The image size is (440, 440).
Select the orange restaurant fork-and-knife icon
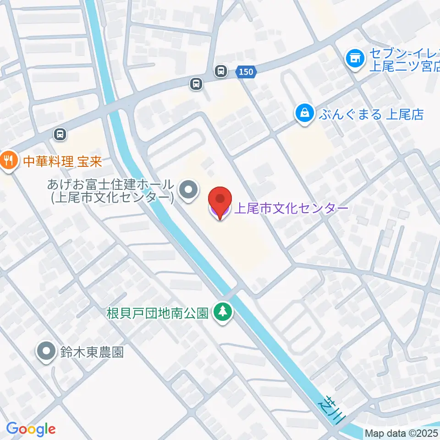8,161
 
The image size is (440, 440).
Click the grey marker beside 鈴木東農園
46,352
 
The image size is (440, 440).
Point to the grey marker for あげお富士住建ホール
187,190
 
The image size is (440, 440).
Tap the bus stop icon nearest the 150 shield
221,71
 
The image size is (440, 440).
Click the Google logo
31,429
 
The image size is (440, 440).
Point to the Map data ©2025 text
401,433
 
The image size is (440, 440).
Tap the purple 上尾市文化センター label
291,209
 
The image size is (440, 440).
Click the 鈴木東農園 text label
92,352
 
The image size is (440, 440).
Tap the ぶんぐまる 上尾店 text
371,114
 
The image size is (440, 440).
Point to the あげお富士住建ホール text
111,185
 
